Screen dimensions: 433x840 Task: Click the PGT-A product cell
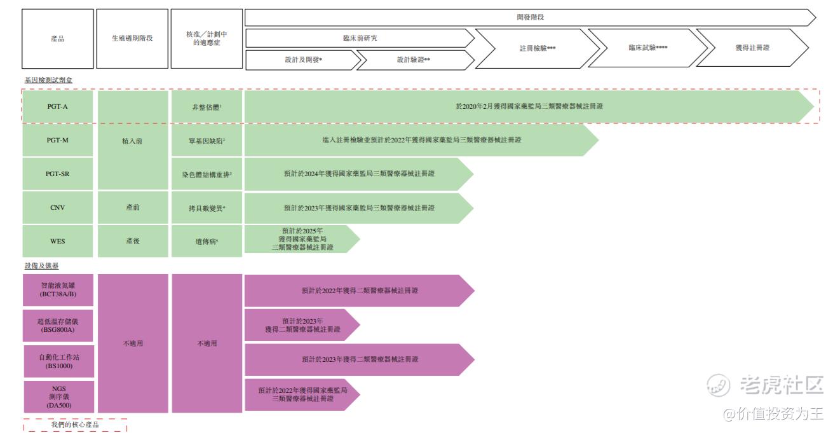[x=58, y=106]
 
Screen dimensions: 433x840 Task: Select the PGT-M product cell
[x=58, y=141]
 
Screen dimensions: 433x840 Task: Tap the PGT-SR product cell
[x=58, y=174]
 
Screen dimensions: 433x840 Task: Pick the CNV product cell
[x=58, y=207]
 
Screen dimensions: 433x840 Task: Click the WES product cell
[x=58, y=241]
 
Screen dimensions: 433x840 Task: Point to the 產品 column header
[x=58, y=39]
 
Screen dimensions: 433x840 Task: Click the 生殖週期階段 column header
[x=132, y=39]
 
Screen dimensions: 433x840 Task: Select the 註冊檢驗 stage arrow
[x=537, y=48]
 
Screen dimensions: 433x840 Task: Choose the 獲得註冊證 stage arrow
[x=753, y=48]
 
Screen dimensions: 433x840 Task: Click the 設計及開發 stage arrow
[x=303, y=60]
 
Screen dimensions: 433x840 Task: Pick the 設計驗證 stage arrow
[x=414, y=60]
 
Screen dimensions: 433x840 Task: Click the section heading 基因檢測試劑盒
[x=48, y=80]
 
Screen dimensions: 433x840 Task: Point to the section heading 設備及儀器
[x=41, y=266]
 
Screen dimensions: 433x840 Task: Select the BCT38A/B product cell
[x=58, y=290]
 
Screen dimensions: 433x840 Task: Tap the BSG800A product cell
[x=58, y=326]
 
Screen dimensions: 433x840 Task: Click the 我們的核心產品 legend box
[x=75, y=425]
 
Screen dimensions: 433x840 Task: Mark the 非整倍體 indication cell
[x=207, y=107]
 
